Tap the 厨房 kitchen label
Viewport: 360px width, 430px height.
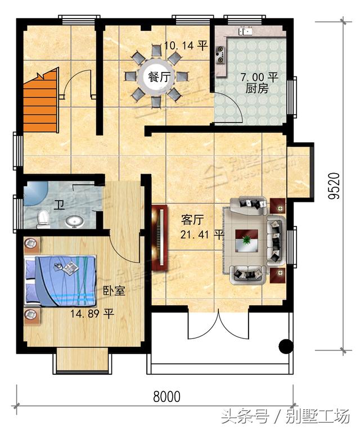pyautogui.click(x=257, y=89)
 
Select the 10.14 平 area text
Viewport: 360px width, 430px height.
pyautogui.click(x=186, y=46)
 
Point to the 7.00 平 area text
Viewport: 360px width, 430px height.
pyautogui.click(x=259, y=77)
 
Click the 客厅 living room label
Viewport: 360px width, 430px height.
pyautogui.click(x=192, y=220)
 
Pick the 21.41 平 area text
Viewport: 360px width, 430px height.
pyautogui.click(x=202, y=234)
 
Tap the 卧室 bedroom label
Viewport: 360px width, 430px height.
pyautogui.click(x=114, y=291)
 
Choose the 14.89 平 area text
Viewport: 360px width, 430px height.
pyautogui.click(x=92, y=314)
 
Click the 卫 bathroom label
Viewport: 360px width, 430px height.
pyautogui.click(x=59, y=205)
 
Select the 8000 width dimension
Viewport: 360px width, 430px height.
pyautogui.click(x=166, y=396)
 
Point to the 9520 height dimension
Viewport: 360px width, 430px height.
pyautogui.click(x=334, y=185)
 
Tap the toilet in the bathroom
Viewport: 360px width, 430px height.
pyautogui.click(x=43, y=219)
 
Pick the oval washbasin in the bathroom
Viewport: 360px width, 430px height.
pyautogui.click(x=75, y=221)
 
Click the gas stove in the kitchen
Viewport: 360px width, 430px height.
pyautogui.click(x=220, y=55)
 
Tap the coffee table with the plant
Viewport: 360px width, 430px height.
pyautogui.click(x=246, y=241)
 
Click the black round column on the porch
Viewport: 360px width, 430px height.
pyautogui.click(x=286, y=346)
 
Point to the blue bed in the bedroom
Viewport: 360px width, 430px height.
pyautogui.click(x=60, y=280)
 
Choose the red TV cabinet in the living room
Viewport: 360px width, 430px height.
pyautogui.click(x=159, y=238)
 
